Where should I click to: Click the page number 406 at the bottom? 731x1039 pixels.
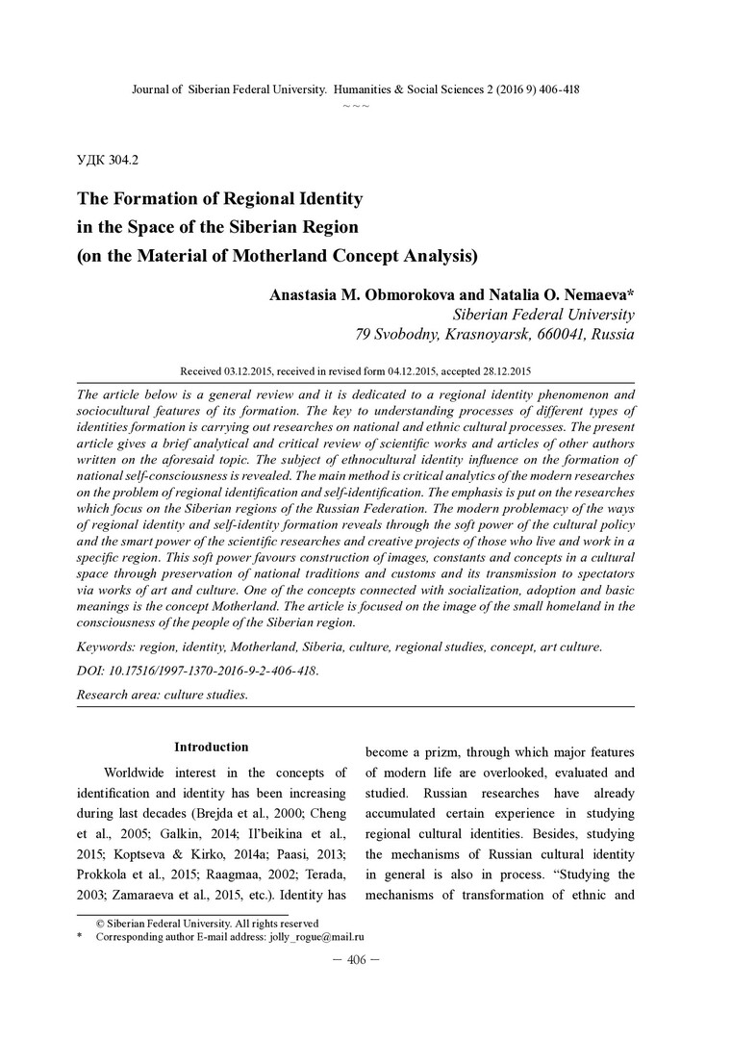[x=357, y=963]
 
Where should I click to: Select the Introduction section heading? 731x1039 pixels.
[x=211, y=748]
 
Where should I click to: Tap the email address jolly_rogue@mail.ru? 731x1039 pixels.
[x=316, y=936]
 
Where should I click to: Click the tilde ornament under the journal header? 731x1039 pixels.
[x=355, y=104]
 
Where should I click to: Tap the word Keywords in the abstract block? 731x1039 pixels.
[x=106, y=647]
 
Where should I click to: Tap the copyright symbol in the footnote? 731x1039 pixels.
[x=99, y=923]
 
